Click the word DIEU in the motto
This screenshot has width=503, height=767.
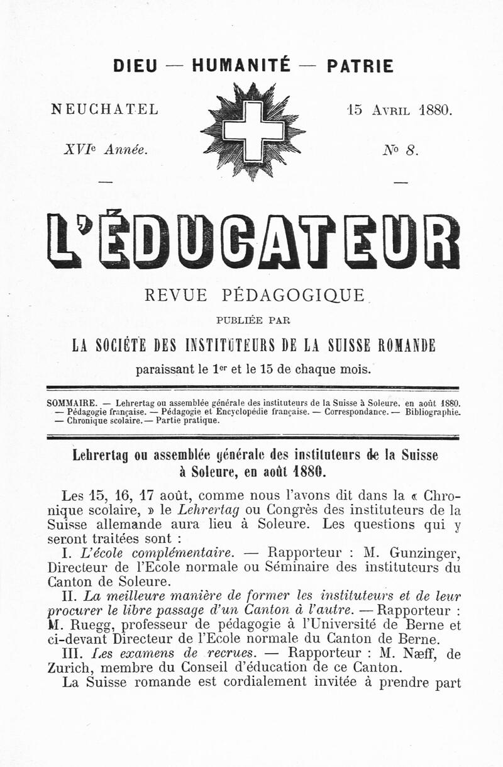[135, 66]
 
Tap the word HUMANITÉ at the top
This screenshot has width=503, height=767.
[241, 65]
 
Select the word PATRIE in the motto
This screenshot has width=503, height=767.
[360, 66]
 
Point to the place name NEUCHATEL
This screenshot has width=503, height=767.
[104, 109]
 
